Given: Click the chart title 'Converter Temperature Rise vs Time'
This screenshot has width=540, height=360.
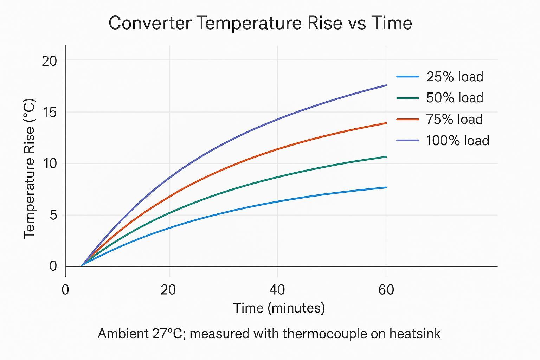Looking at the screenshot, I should pos(260,23).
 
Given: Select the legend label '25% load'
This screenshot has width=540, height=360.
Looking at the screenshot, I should pos(455,77).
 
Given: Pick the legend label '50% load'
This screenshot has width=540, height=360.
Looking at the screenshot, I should pos(455,98).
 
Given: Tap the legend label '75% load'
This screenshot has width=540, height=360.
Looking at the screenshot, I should pos(454,120).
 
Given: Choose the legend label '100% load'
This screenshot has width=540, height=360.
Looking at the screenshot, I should pos(457,141).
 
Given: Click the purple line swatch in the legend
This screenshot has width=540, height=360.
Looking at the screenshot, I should pos(407,141).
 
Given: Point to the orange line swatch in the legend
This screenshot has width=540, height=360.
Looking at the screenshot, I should pos(407,120).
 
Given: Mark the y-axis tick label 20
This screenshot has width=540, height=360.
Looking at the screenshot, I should pos(49,61).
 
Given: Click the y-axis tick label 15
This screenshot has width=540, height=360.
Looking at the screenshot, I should pos(49,112).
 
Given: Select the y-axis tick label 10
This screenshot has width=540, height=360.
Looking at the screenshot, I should pos(49,164).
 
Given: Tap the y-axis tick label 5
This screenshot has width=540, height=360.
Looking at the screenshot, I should pos(53,215).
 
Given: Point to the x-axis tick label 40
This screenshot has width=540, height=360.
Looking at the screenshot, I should pos(277,290).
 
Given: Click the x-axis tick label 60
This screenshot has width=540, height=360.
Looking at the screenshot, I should pos(386,290).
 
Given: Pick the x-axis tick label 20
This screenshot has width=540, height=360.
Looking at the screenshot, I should pos(168,290).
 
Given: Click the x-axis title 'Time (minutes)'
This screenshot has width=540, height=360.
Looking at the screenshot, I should pos(279,308).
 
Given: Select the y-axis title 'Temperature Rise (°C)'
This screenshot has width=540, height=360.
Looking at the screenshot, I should pos(30,169).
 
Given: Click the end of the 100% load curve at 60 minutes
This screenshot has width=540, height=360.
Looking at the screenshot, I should pos(386,85).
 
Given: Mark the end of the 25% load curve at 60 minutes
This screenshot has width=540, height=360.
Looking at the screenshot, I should pos(386,187).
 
